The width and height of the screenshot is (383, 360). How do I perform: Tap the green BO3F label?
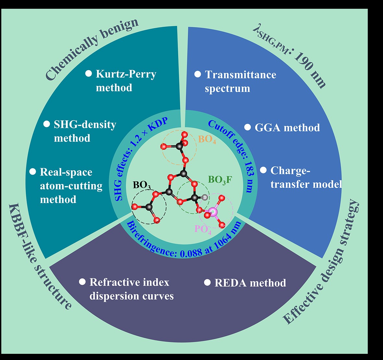pos(220,180)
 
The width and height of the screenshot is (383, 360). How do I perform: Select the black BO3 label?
pos(142,185)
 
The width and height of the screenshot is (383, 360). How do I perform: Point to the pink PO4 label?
pos(203,229)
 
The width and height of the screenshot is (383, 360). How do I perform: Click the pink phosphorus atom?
pos(213,212)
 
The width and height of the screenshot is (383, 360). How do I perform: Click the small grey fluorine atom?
pos(204,197)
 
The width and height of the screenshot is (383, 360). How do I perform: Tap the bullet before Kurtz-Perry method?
pos(89,73)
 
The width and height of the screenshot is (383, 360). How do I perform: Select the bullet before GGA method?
pos(247,127)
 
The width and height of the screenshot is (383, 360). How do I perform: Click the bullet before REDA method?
pos(207,282)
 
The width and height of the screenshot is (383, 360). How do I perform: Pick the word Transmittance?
pos(240,75)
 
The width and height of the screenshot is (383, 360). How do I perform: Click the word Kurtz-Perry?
pos(126,74)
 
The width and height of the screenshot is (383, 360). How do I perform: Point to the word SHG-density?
pos(85,125)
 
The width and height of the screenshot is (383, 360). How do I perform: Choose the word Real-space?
pos(66,172)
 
